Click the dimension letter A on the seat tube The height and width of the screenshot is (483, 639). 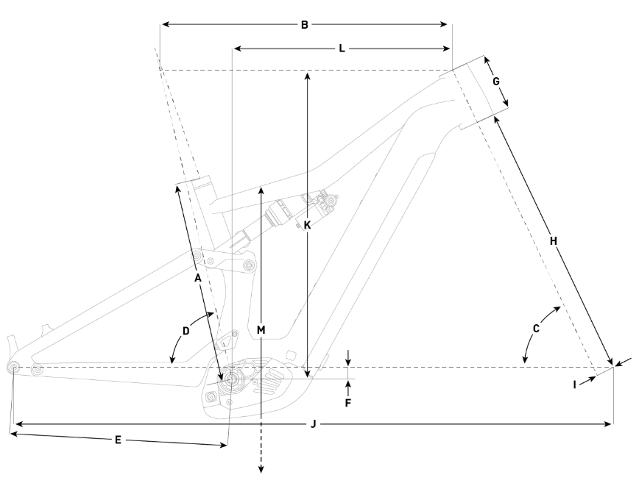[x=197, y=279]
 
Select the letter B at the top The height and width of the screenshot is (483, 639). [x=304, y=25]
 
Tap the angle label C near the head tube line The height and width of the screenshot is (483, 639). [x=536, y=329]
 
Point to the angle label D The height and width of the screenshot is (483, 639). [x=186, y=331]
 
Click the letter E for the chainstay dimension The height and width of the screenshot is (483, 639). [x=118, y=440]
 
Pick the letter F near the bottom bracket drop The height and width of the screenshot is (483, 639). [x=348, y=403]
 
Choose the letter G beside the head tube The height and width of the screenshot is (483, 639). [x=496, y=81]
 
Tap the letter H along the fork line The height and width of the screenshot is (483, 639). [x=554, y=240]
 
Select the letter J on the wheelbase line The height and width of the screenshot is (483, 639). [x=314, y=423]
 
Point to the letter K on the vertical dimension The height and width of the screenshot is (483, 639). [x=308, y=225]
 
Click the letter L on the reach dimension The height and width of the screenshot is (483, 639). [x=342, y=49]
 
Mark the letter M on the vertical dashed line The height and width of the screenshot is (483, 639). [x=261, y=330]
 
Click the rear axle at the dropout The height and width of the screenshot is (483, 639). [x=13, y=368]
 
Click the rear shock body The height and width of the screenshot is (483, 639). [x=283, y=213]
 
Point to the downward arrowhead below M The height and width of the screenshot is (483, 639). [x=261, y=468]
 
